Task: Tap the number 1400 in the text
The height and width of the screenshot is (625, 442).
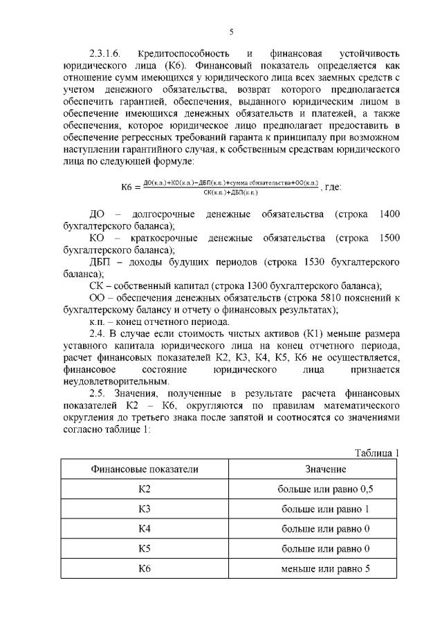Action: [390, 216]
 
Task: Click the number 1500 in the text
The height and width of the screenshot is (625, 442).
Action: [390, 239]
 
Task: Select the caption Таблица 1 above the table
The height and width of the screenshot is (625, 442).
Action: [377, 453]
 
